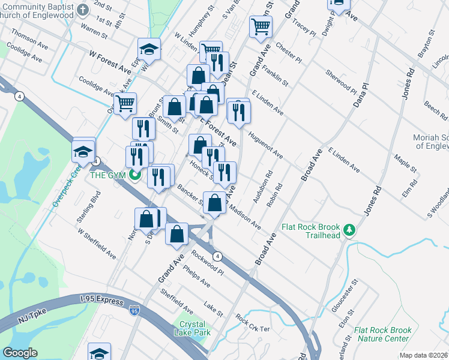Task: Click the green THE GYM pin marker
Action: (x=135, y=175)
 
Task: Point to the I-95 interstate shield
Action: (x=134, y=310)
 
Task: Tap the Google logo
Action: (x=20, y=353)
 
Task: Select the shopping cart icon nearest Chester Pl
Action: (x=261, y=25)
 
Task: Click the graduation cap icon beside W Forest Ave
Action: (x=149, y=48)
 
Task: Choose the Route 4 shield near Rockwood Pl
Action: (x=218, y=256)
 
